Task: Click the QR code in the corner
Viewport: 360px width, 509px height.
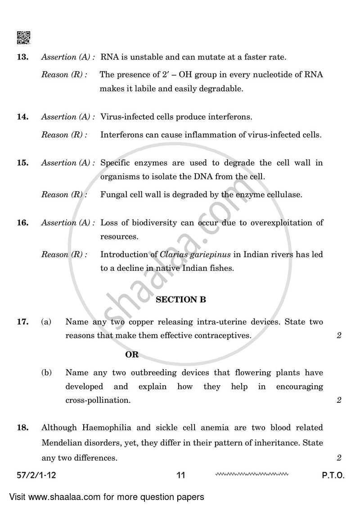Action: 23,38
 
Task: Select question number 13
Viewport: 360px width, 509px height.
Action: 23,57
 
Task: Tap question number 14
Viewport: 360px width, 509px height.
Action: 23,117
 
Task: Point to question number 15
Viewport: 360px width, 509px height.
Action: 23,163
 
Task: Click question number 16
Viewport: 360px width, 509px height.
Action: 23,223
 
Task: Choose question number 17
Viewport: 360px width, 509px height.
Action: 23,322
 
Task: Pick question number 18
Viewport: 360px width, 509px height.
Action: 23,428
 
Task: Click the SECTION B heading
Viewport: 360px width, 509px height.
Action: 180,300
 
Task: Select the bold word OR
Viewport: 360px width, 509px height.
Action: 132,355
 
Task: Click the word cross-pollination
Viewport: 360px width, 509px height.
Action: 98,400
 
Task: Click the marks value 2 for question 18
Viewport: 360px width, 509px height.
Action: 339,458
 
